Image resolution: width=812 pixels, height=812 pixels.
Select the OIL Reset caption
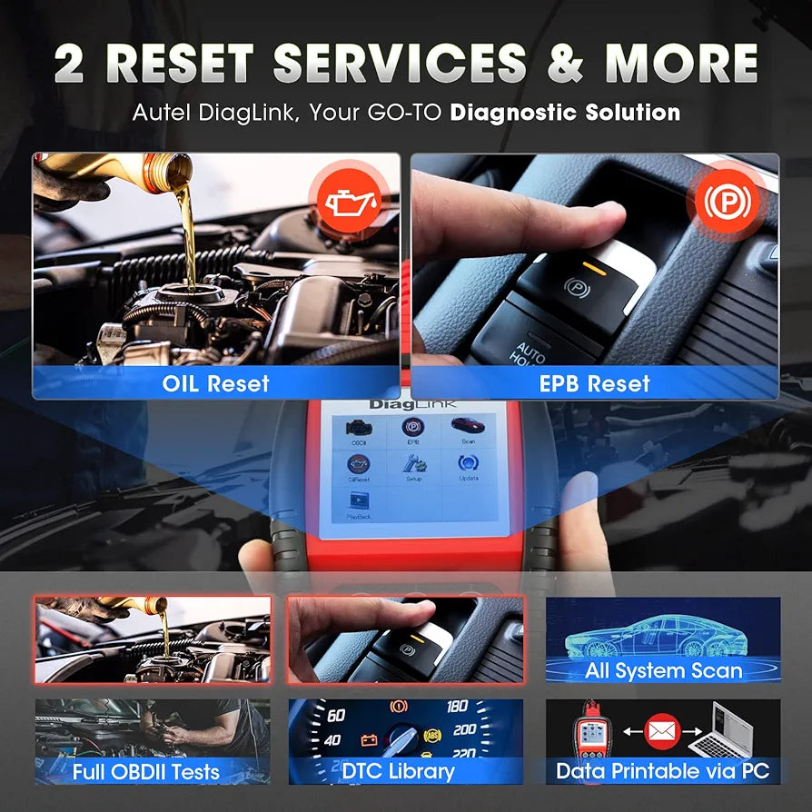[216, 383]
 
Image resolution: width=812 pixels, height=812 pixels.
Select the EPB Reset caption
[595, 383]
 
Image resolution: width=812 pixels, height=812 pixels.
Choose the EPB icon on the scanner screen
[411, 428]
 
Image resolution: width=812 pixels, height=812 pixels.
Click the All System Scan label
[664, 671]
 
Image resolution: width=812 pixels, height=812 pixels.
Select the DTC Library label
[398, 772]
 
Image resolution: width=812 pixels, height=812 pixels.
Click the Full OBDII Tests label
[145, 773]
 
